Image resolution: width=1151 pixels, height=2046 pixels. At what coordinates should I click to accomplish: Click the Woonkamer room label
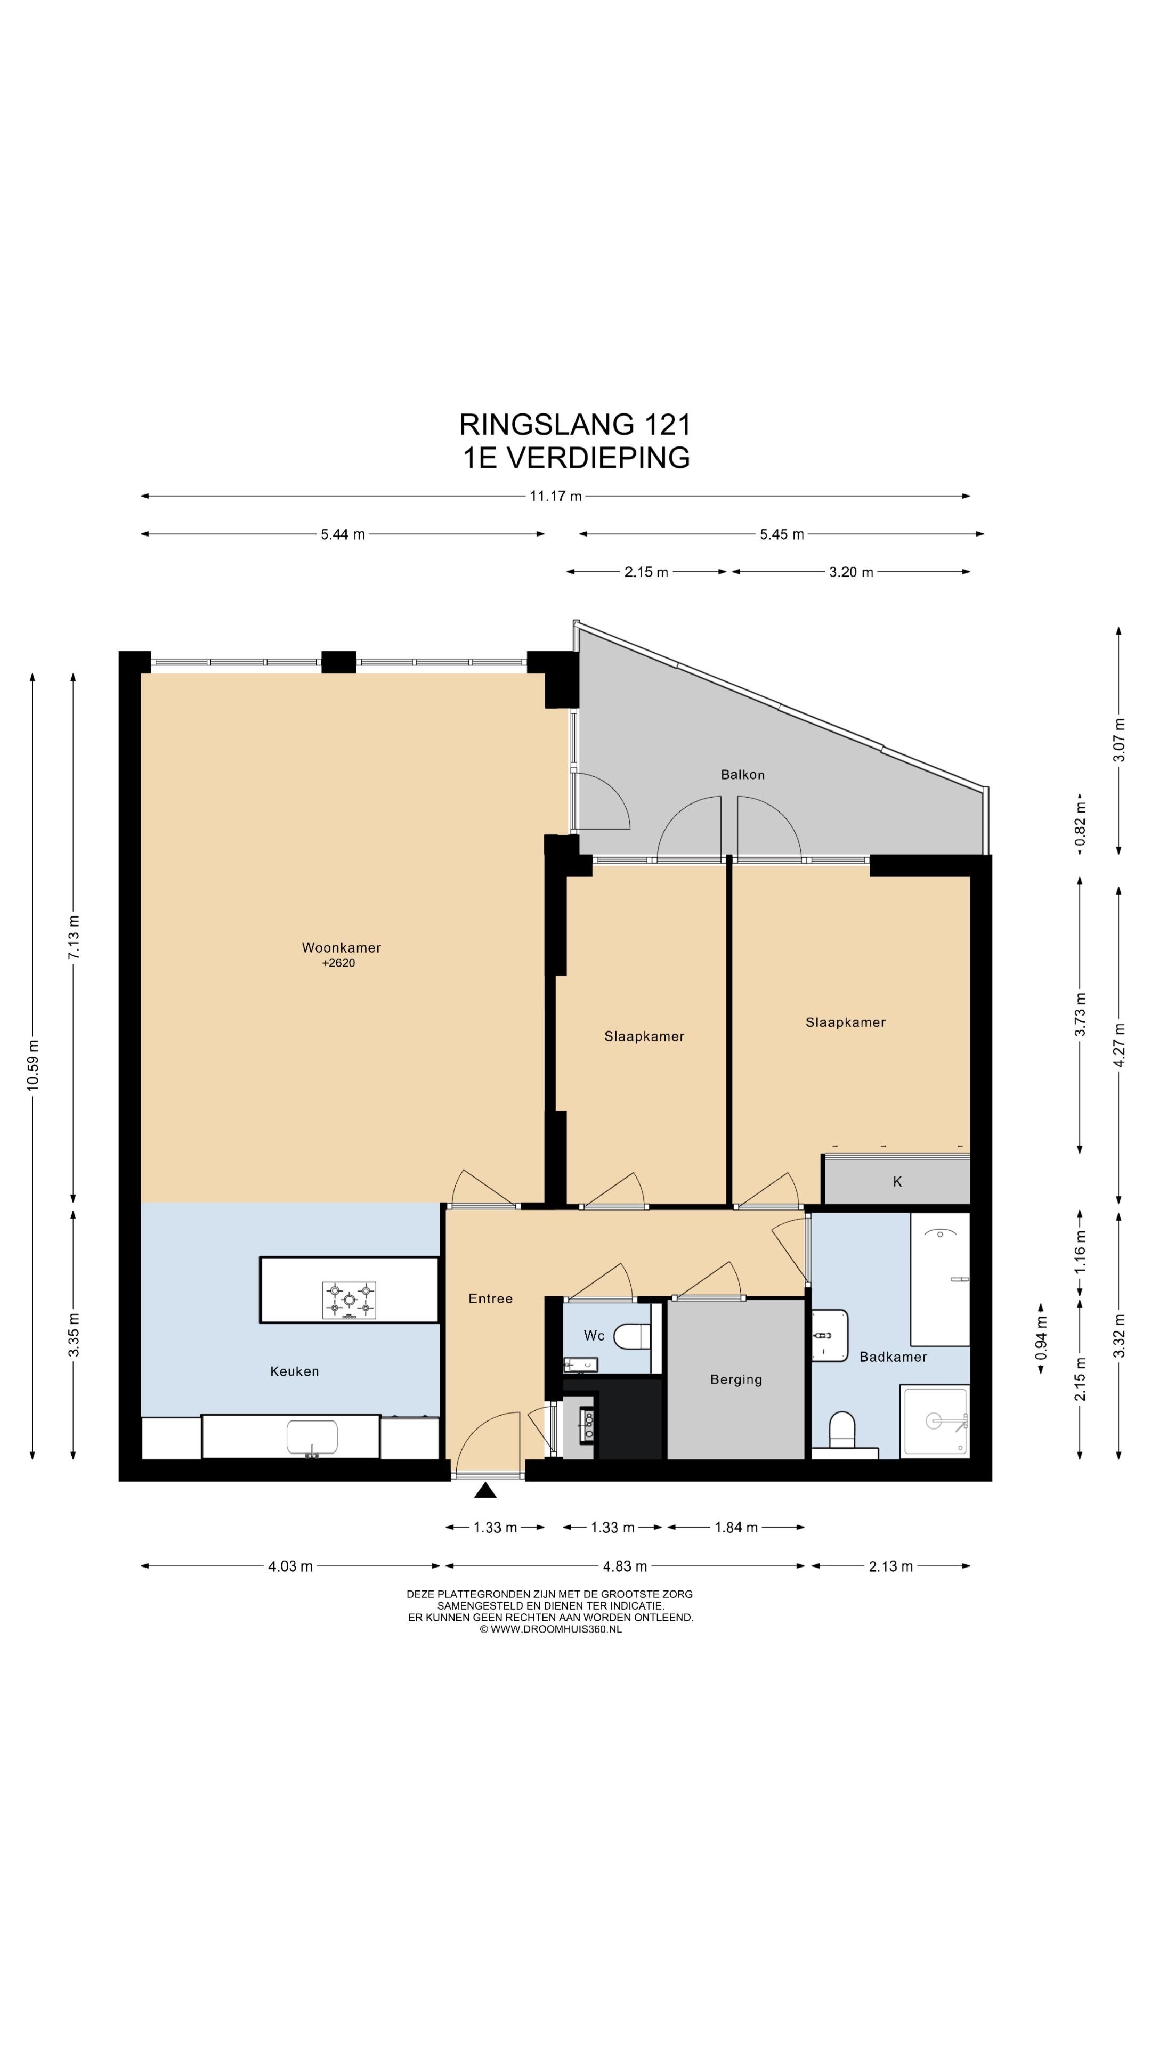(341, 947)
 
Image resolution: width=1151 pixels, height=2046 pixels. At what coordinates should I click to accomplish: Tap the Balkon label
(743, 774)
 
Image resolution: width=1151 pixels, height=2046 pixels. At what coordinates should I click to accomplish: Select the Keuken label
(294, 1371)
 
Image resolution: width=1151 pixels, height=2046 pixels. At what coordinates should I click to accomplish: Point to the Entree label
(490, 1298)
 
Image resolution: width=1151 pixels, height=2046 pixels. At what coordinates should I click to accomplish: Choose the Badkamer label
(893, 1357)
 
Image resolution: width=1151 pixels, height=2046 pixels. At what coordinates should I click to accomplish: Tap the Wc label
(594, 1335)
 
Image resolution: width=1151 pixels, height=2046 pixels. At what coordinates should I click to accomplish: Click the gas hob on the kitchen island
(348, 1300)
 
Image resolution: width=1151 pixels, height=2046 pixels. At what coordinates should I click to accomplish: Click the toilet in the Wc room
(635, 1337)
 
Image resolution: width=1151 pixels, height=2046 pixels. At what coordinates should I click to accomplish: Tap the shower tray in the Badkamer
(934, 1422)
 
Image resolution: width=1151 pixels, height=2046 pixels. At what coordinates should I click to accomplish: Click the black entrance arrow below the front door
(485, 1490)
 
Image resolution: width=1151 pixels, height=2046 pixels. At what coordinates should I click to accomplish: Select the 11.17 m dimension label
(555, 497)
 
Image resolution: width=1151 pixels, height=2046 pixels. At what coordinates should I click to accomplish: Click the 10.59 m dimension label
(33, 1065)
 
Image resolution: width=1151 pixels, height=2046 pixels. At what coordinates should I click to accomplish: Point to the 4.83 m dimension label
(625, 1566)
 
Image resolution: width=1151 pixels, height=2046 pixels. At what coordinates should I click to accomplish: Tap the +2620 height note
(338, 963)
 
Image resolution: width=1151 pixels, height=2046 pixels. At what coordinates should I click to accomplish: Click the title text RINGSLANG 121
(575, 425)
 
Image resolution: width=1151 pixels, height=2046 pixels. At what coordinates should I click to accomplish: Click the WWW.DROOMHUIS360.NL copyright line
(550, 1629)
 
